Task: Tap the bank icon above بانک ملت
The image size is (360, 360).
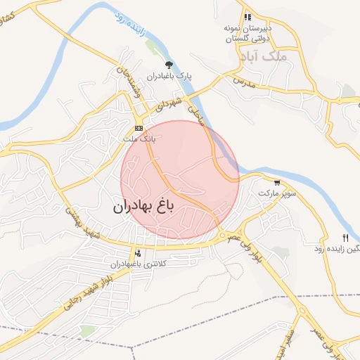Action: (139, 129)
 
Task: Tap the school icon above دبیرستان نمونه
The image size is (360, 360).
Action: (247, 17)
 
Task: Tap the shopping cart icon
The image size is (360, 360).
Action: (277, 182)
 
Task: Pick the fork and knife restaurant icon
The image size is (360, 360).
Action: (345, 238)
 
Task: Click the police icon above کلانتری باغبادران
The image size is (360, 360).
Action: (137, 253)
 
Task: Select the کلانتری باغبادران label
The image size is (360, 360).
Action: (136, 264)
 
